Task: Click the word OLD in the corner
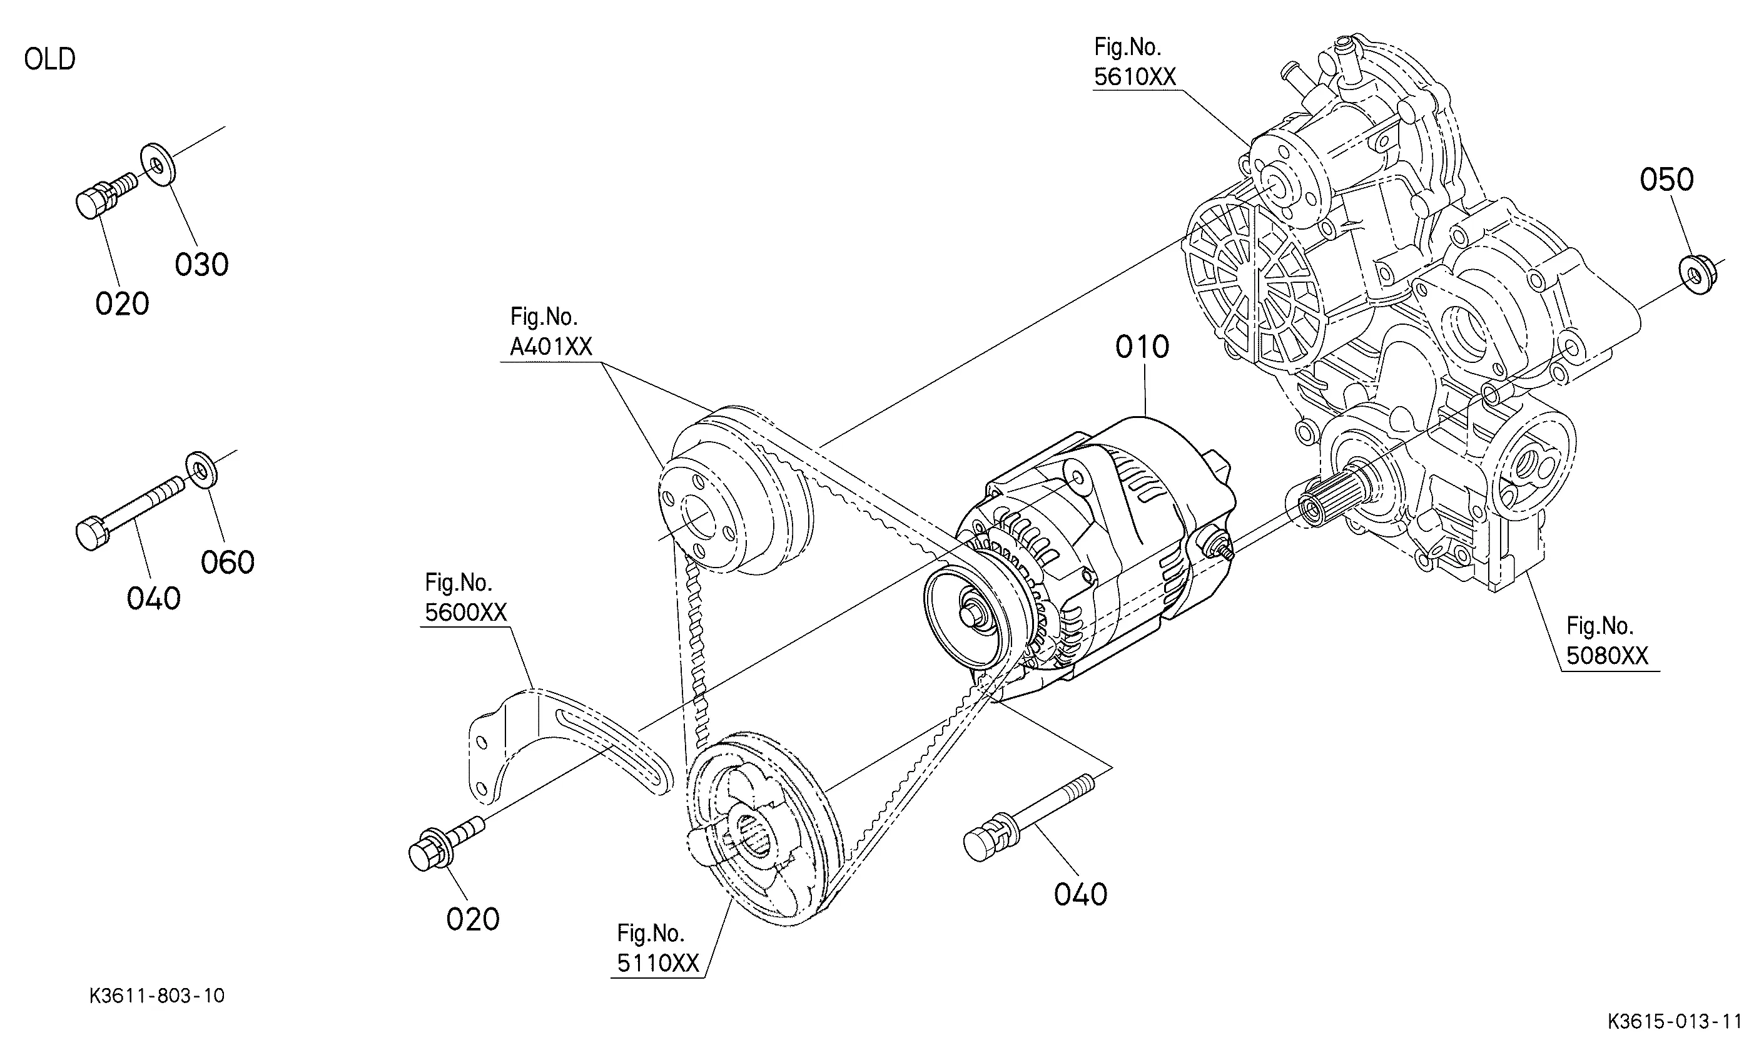coord(49,59)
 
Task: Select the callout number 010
coord(1142,347)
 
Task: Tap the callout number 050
coord(1666,180)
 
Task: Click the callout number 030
coord(201,265)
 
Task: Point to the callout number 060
coord(227,563)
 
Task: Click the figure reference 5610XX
coord(1135,77)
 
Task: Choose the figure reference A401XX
coord(551,347)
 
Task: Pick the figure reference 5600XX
coord(465,612)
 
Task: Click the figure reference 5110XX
coord(658,962)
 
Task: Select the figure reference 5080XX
coord(1607,656)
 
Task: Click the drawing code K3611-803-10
coord(157,996)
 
